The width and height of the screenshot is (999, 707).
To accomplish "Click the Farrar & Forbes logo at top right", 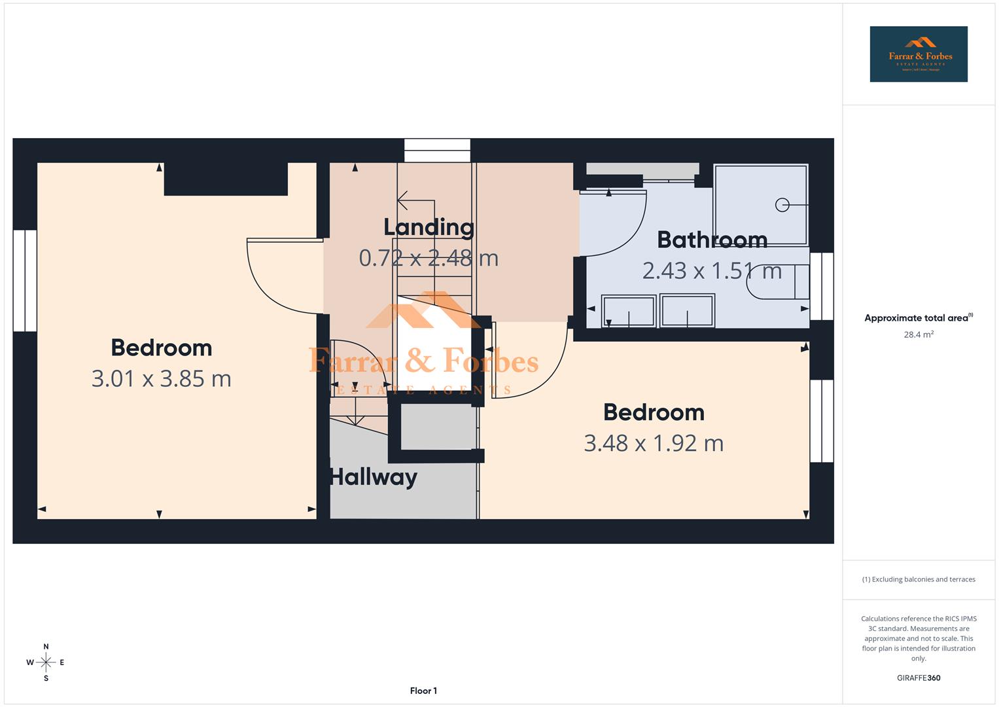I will point(918,54).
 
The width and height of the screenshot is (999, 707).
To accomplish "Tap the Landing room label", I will point(429,227).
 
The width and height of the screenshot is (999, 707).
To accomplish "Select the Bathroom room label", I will point(712,240).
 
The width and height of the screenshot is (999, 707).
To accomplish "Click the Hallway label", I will point(373,477).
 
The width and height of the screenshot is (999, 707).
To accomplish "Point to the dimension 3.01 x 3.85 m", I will point(161,379).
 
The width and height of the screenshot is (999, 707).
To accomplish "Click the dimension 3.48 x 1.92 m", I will point(653,443).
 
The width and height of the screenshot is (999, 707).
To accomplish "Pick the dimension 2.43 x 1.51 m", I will point(712,270).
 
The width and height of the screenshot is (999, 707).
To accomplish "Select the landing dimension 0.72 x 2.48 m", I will point(429,258).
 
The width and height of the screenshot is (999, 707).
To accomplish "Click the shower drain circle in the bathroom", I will point(782,205).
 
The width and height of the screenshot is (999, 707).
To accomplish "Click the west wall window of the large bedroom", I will point(25,280).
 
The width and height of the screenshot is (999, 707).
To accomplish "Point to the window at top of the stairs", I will point(437,150).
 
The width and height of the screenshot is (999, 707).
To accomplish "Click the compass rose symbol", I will point(46,662).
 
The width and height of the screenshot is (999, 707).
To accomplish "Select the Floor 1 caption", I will point(423,691).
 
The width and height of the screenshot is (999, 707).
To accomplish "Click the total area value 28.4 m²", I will point(918,335).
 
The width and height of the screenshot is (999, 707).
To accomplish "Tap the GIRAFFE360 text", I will point(918,678).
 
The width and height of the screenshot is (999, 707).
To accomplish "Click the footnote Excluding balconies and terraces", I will point(918,579).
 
